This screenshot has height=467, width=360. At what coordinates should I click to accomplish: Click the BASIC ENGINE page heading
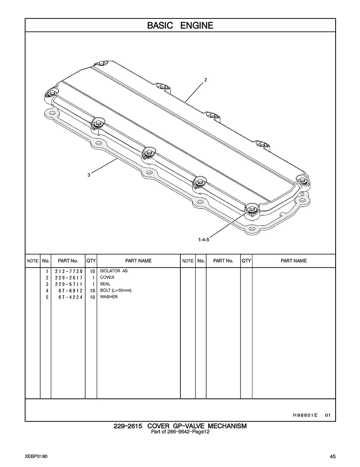180,25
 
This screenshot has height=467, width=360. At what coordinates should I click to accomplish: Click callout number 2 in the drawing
205,80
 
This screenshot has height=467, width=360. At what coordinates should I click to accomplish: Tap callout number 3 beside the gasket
89,175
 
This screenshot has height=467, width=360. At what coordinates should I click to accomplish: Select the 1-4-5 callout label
204,239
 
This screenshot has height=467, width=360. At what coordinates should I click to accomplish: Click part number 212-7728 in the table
69,271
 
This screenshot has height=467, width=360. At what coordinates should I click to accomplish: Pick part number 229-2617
69,277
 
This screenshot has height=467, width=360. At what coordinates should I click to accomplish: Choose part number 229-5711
69,284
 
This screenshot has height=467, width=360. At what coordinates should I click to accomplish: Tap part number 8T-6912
70,291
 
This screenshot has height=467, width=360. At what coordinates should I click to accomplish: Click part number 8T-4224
70,297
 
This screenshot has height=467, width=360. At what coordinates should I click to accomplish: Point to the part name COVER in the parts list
107,277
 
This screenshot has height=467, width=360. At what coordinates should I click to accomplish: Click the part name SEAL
105,284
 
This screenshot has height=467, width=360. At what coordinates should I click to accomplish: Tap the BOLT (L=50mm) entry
116,290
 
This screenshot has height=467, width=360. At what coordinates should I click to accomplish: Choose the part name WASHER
109,297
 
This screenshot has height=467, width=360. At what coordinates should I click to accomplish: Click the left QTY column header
91,261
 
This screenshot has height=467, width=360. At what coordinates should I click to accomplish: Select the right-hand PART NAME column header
294,261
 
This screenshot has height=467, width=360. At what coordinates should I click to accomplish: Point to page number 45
333,456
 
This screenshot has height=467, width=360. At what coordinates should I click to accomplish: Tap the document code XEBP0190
36,456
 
